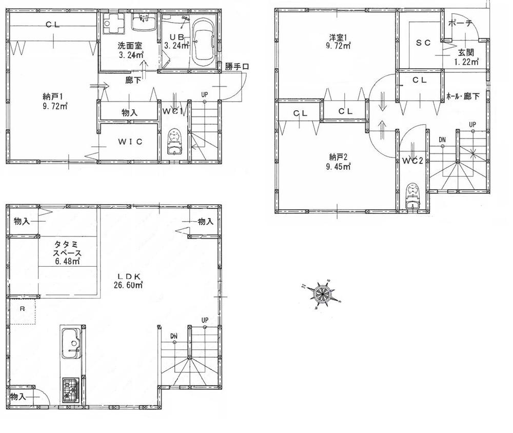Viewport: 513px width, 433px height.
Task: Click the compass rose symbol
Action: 323,294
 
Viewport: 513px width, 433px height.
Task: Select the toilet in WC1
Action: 175,140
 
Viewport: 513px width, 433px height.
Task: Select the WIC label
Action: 128,142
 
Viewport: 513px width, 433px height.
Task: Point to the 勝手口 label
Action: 238,66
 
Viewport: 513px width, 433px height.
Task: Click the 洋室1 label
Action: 339,41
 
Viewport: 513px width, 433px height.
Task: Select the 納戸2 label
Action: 336,161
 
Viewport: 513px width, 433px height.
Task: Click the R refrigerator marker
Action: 22,309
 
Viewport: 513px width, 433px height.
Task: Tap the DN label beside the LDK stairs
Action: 174,336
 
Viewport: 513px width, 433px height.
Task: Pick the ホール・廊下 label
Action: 463,95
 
